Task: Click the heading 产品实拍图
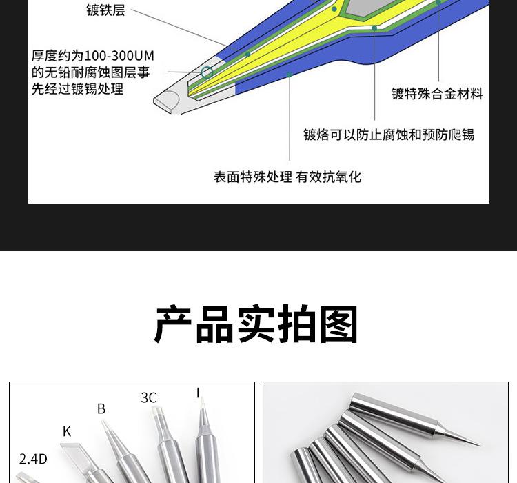256,324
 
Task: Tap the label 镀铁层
105,10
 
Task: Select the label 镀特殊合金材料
437,94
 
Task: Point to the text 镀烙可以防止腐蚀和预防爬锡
389,135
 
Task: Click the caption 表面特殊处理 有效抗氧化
287,177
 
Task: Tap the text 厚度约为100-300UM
92,55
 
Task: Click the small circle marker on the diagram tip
207,72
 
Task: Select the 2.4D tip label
33,459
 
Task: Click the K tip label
67,432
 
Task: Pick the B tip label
101,409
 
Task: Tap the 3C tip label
149,398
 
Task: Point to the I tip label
198,393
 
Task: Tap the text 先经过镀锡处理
77,89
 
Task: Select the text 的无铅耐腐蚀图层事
90,72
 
